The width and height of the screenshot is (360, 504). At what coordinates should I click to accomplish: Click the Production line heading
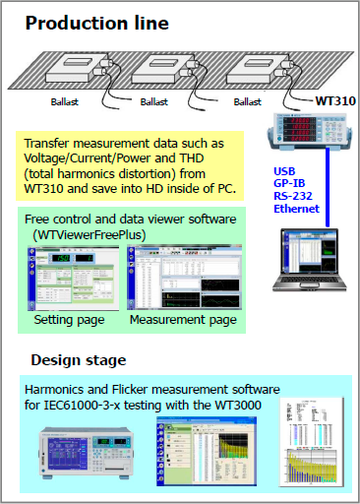[96, 22]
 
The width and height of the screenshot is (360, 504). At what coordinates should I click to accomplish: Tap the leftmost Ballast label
[65, 100]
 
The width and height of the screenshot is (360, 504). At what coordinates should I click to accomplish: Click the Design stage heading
[78, 359]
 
